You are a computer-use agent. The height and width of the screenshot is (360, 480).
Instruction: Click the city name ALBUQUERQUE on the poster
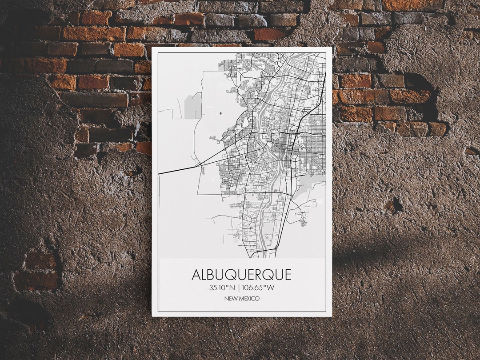click(241, 275)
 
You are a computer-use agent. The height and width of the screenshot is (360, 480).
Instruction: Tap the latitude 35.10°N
click(222, 288)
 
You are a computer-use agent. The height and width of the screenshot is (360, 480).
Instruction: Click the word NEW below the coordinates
click(230, 299)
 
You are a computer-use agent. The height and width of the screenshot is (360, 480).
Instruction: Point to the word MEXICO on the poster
click(249, 299)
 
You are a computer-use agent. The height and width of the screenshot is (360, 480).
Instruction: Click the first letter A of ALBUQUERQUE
click(196, 275)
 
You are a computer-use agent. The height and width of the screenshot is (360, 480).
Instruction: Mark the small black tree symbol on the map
click(220, 113)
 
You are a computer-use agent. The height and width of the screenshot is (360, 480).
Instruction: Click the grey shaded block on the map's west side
click(193, 107)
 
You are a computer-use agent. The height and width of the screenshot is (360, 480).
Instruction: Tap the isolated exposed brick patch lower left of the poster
click(37, 271)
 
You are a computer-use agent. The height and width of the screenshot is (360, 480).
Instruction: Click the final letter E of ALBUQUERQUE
click(287, 275)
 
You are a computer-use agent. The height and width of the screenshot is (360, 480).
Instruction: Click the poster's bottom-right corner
click(332, 316)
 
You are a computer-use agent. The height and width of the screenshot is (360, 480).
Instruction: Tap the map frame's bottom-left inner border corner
click(157, 311)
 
